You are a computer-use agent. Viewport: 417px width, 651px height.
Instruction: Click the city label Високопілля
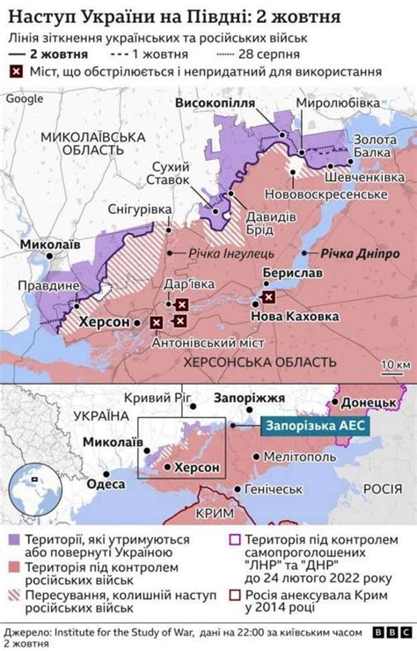(x=215, y=104)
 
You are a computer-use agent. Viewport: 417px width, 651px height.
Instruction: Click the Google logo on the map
(x=24, y=99)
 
